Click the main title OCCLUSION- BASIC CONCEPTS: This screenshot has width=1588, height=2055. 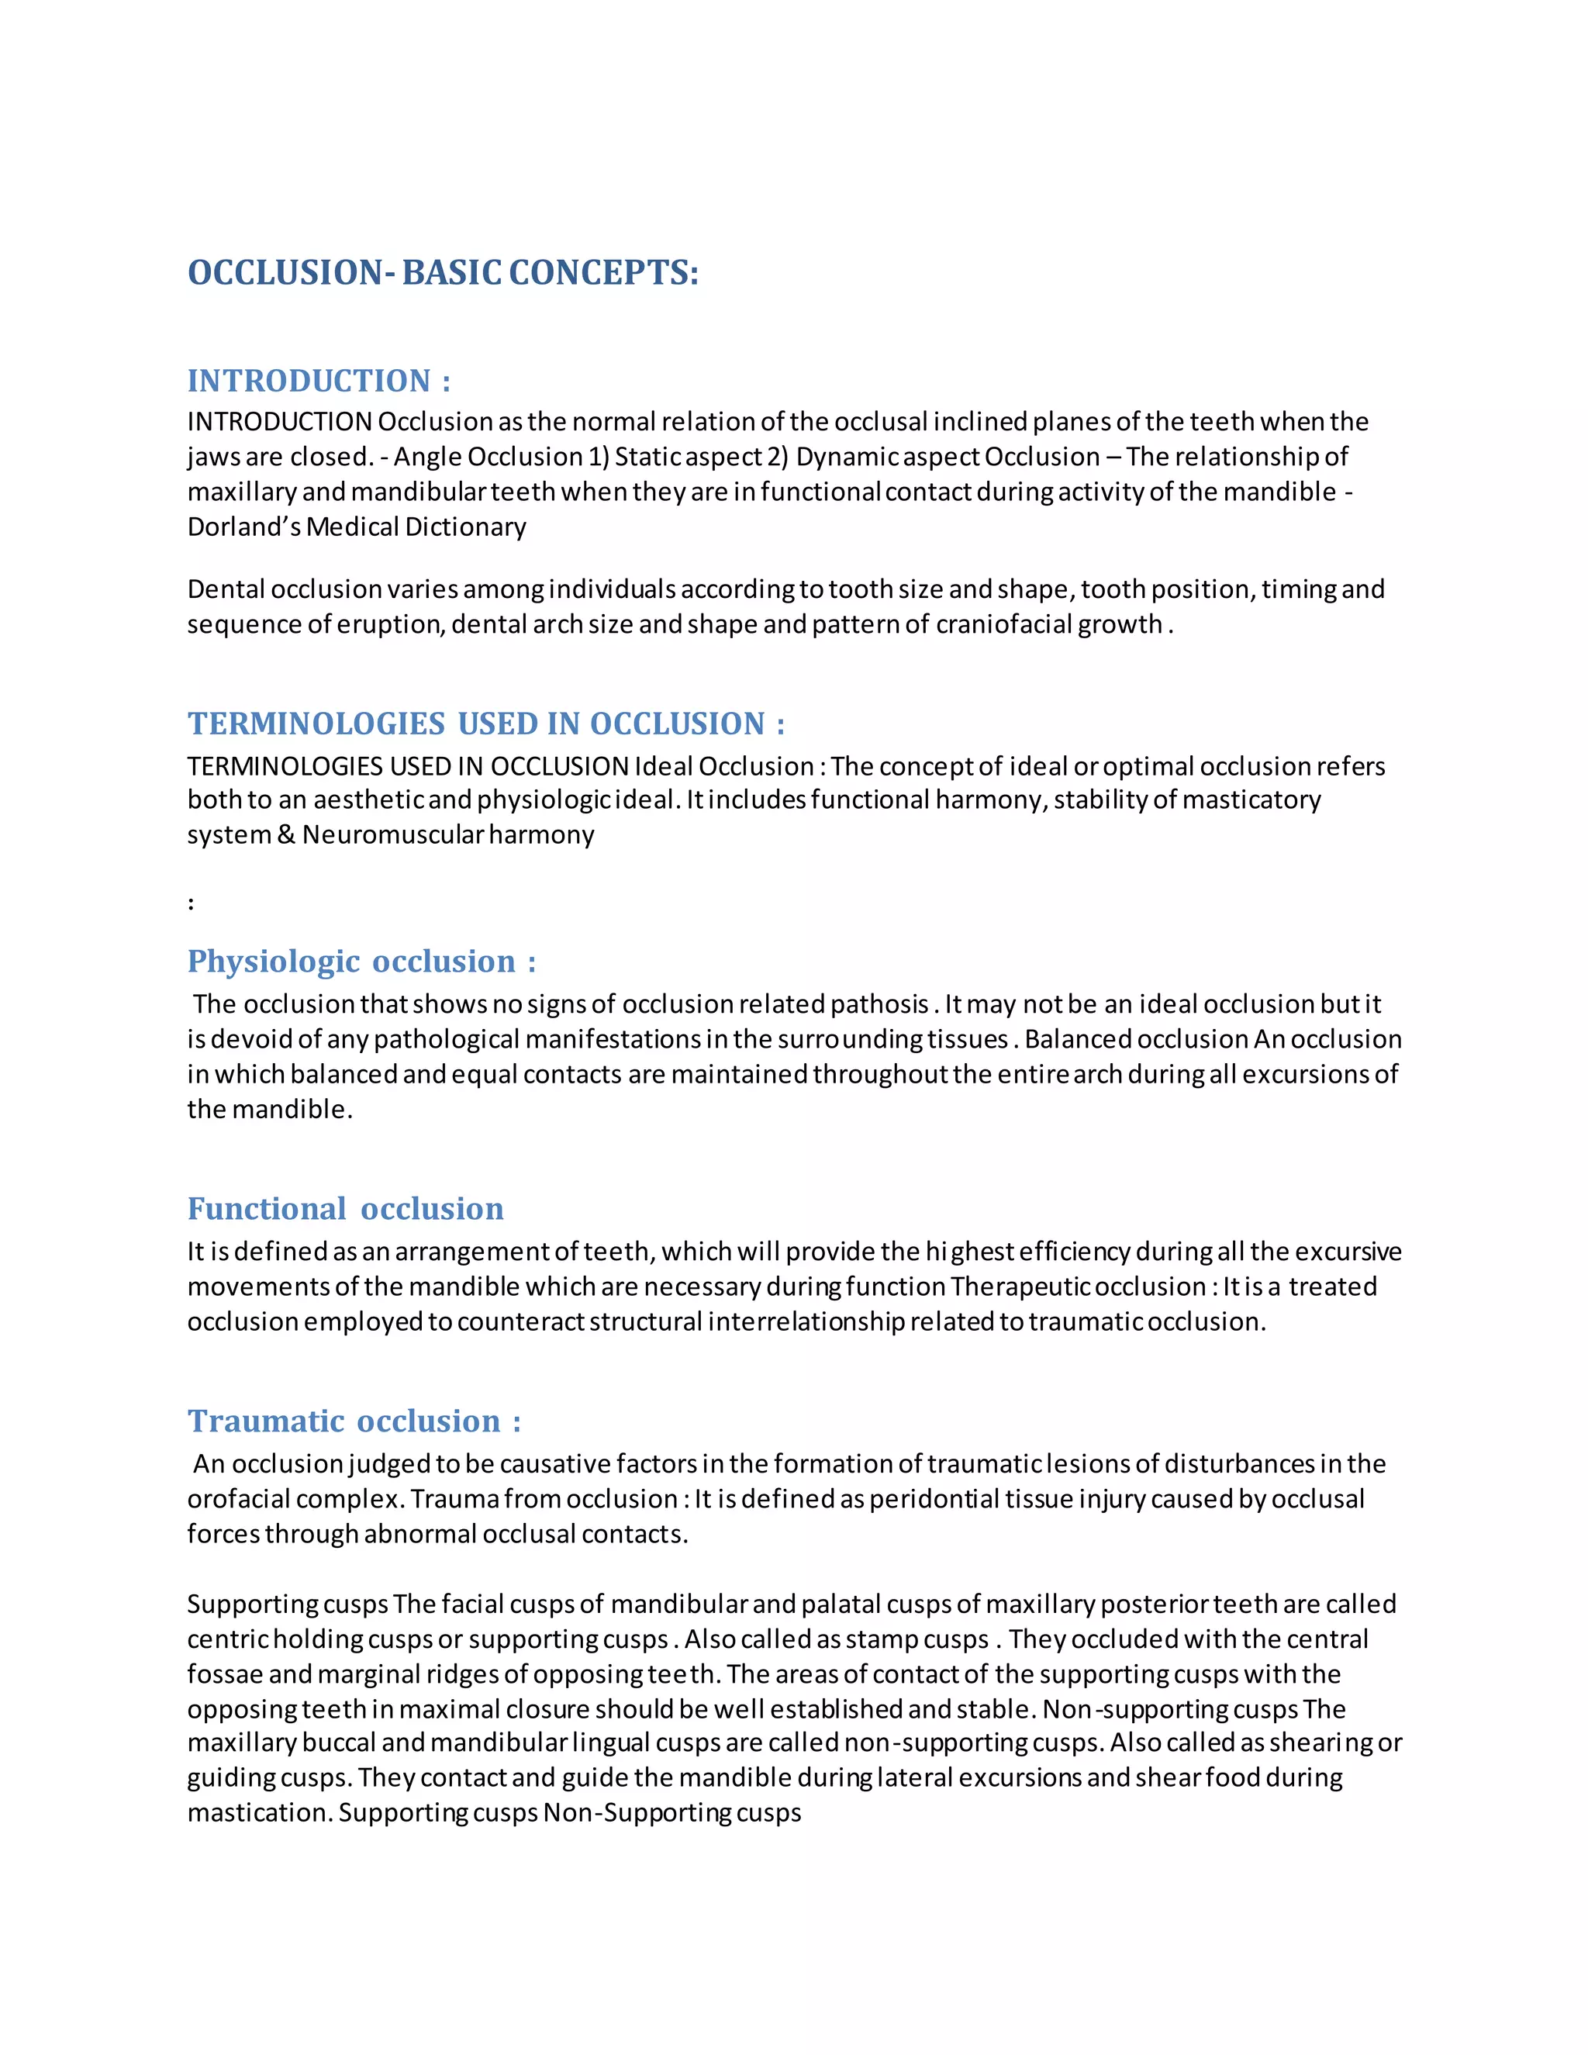coord(443,273)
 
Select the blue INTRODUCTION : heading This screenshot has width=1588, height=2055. coord(319,381)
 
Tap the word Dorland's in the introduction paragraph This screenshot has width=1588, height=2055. coord(243,527)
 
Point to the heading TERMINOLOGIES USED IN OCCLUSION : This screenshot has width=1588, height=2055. coord(485,724)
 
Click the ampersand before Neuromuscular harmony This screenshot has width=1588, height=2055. coord(286,835)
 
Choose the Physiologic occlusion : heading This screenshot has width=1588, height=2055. coord(361,962)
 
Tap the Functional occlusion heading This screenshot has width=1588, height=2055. coord(345,1209)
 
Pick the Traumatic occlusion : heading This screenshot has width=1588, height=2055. coord(354,1421)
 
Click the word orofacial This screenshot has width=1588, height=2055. coord(246,1500)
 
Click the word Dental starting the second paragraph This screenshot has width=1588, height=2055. coord(226,590)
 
